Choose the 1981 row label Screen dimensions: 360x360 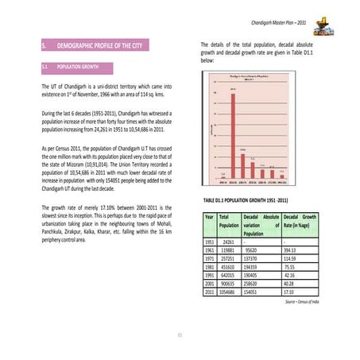210,265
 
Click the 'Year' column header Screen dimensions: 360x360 209,216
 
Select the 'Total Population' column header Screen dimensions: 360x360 229,221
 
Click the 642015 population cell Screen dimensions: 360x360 228,274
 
